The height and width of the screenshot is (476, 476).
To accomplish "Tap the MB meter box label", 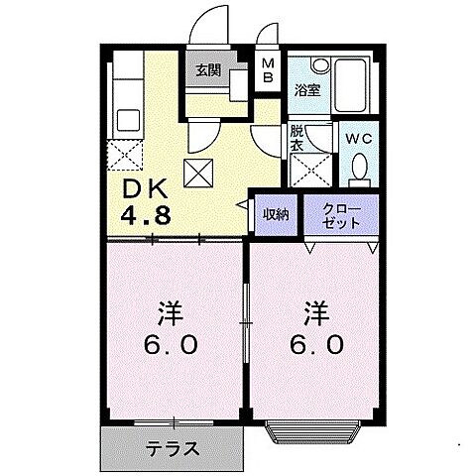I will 269,70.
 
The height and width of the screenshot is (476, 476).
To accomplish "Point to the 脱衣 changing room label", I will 297,138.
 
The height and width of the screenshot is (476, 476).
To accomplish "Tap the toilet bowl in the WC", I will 359,170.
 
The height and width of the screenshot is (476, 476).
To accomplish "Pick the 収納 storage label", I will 275,212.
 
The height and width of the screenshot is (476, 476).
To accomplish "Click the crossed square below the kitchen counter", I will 127,153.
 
